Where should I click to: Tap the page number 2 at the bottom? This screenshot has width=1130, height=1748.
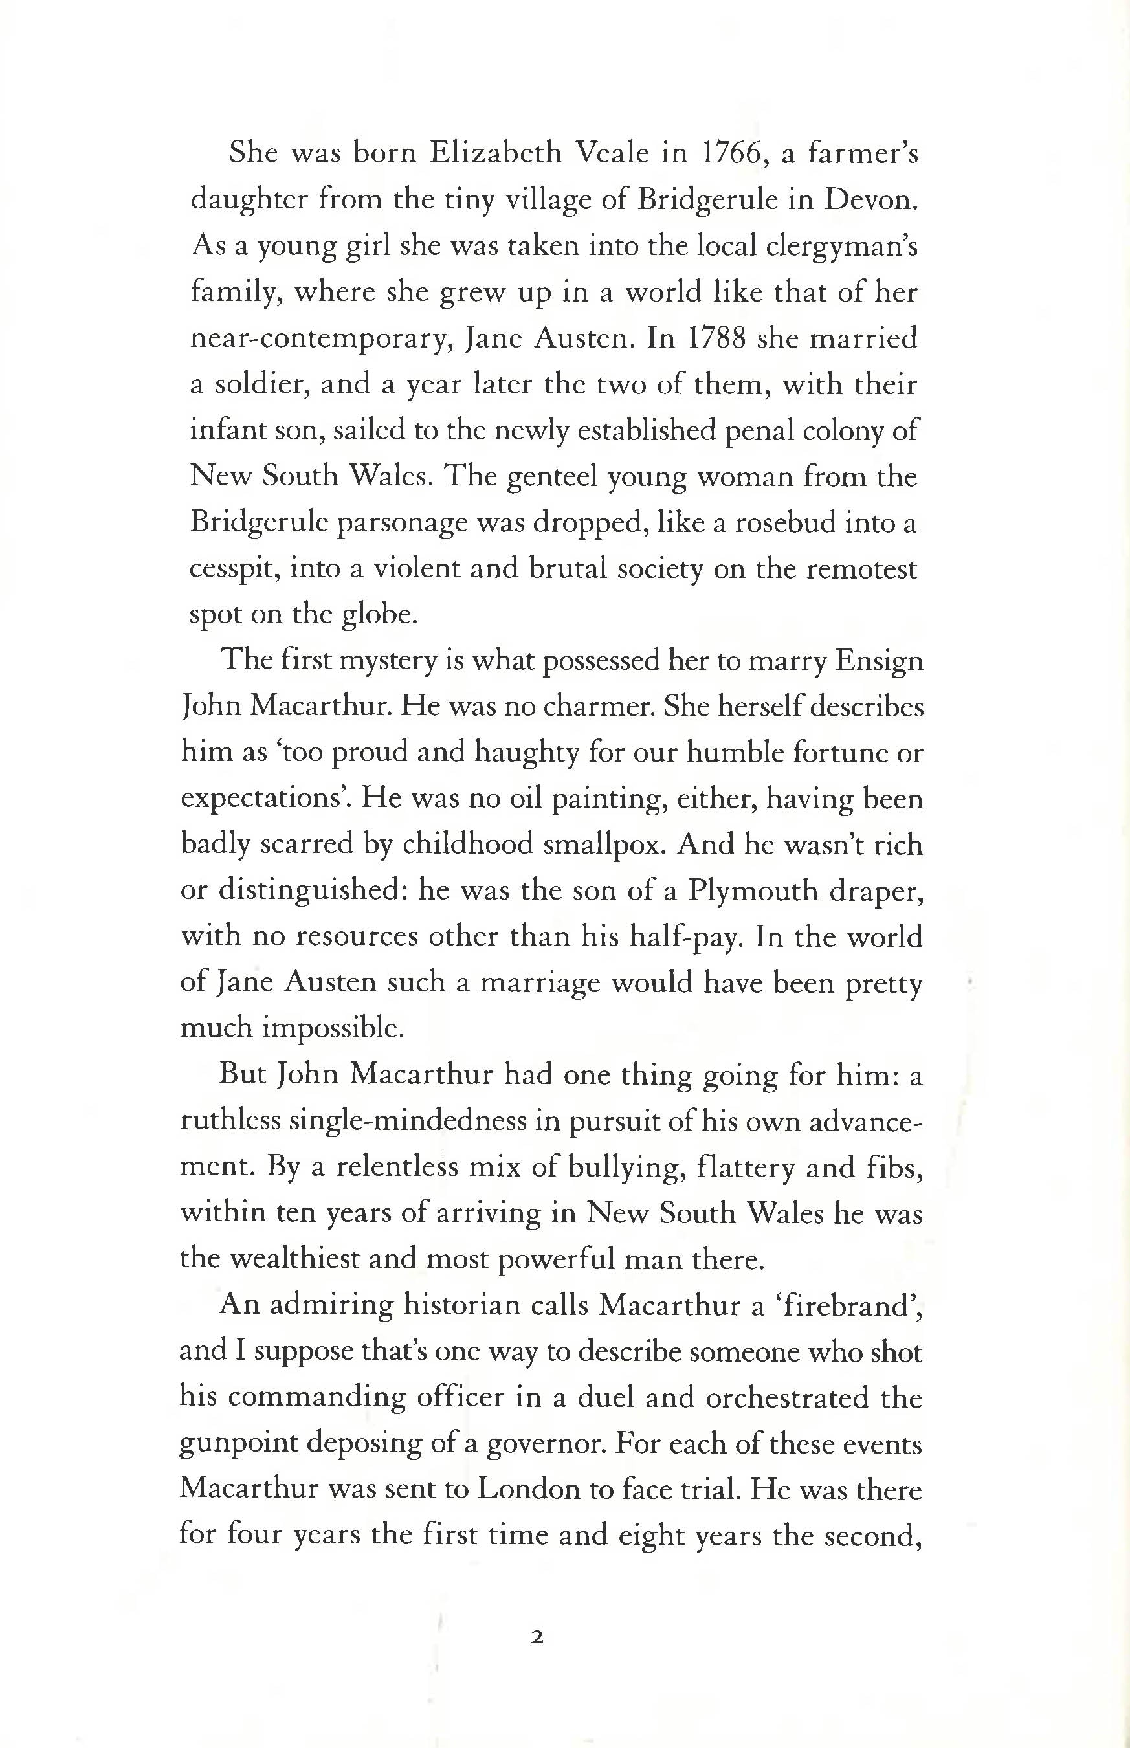(x=537, y=1637)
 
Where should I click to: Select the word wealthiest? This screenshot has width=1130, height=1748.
(x=291, y=1259)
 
